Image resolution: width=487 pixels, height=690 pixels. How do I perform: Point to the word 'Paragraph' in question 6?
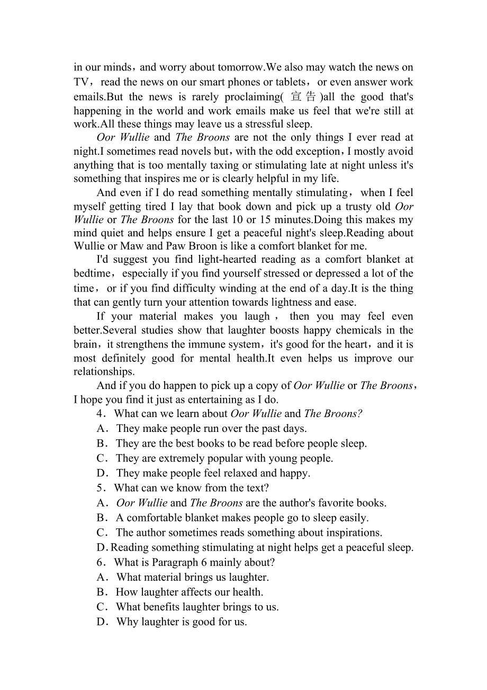[176, 562]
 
